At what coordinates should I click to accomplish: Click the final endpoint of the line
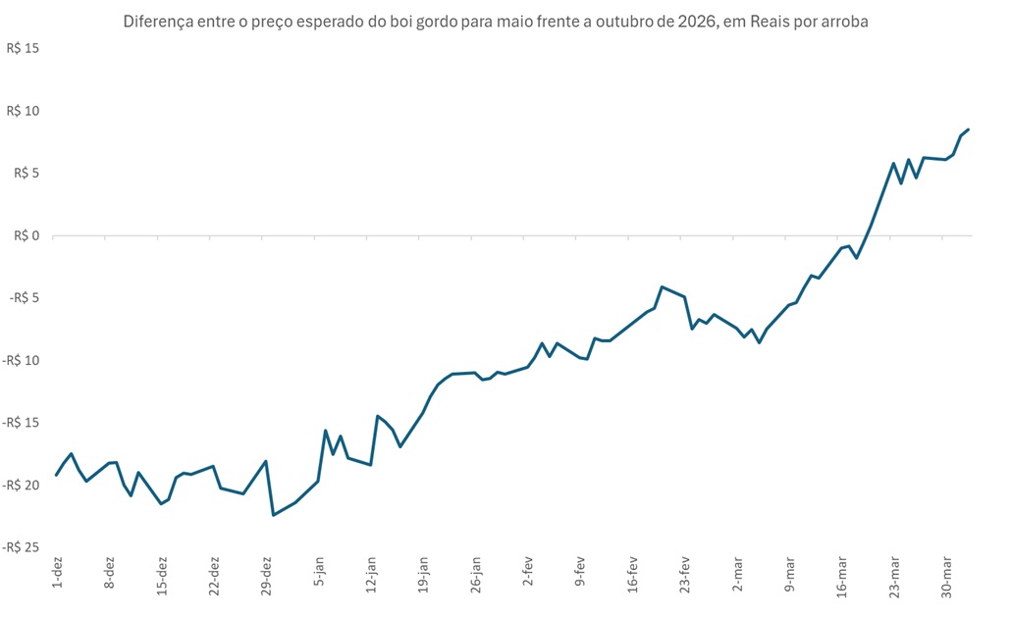tap(969, 129)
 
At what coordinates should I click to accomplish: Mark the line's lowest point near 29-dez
tap(274, 515)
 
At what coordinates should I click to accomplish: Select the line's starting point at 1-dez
tap(57, 475)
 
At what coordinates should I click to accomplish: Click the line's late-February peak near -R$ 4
tap(663, 286)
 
